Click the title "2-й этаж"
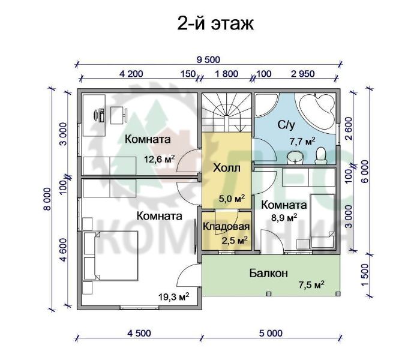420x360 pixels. tap(215, 24)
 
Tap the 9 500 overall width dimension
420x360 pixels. tap(208, 60)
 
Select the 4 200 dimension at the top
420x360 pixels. tap(131, 74)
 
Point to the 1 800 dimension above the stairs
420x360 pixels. tap(226, 74)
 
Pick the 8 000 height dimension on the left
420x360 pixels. tap(47, 199)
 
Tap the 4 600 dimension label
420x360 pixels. tap(64, 250)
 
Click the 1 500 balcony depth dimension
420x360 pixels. tap(365, 275)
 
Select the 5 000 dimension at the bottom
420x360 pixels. tap(271, 334)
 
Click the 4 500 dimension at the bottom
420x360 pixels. tap(139, 334)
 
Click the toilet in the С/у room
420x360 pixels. tap(320, 155)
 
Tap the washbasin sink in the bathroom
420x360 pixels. tap(295, 157)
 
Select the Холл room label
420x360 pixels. tap(227, 168)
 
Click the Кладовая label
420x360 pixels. tap(226, 226)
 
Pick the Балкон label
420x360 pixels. tap(269, 273)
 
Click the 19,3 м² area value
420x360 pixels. tap(174, 296)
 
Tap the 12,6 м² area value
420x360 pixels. tap(160, 159)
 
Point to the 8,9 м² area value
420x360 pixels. tap(284, 217)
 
